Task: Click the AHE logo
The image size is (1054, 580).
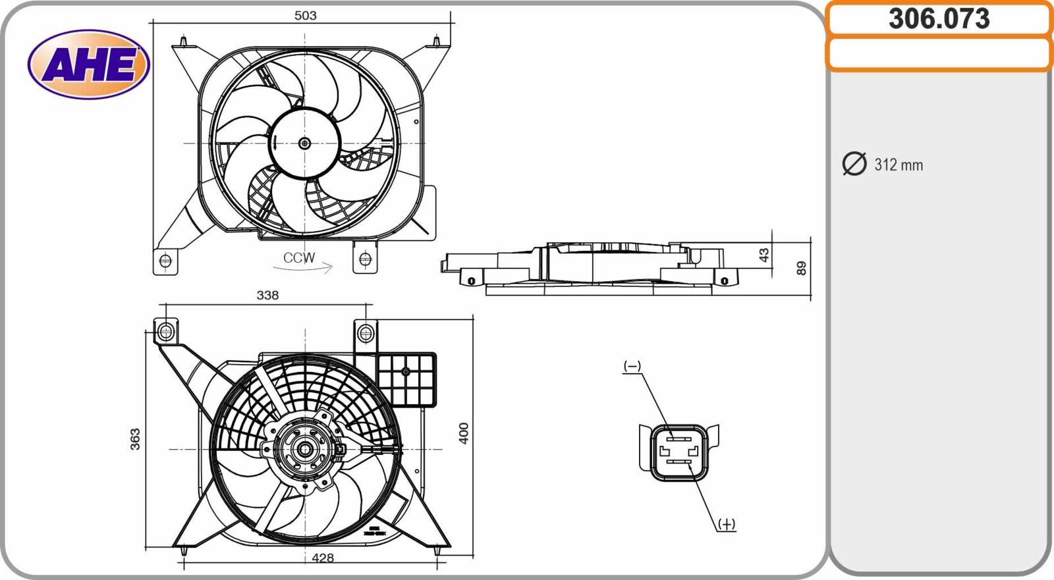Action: pos(89,65)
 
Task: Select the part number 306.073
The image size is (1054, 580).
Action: pos(939,19)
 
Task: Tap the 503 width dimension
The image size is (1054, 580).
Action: pos(305,15)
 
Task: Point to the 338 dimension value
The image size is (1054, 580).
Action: pos(267,296)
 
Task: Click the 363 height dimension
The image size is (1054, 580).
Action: pos(135,439)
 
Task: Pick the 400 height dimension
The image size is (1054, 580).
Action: pos(464,433)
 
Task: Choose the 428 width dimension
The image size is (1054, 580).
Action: pos(323,558)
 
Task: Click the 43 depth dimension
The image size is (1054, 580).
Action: pos(763,255)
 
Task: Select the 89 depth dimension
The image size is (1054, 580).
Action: pos(801,268)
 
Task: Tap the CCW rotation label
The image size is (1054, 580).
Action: pos(299,257)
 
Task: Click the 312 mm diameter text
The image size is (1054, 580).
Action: pos(898,165)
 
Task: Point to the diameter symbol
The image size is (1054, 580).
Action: pos(854,164)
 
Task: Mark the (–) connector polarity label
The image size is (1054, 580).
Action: pos(632,366)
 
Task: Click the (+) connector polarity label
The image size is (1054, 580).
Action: pos(726,524)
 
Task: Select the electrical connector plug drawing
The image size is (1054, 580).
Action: pos(679,452)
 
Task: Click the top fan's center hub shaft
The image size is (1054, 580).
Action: pos(304,143)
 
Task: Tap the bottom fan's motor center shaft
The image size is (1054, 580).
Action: pos(305,450)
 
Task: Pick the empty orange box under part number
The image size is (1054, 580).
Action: pos(939,53)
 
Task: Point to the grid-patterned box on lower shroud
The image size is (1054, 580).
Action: pos(406,379)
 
